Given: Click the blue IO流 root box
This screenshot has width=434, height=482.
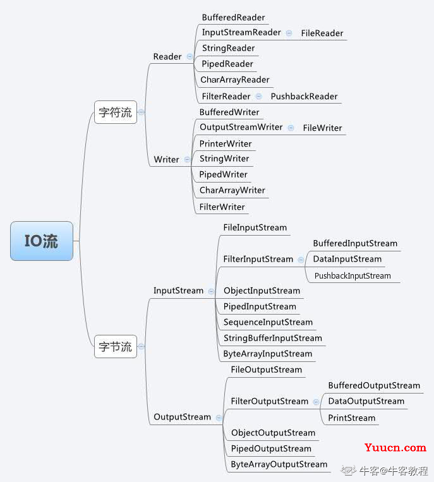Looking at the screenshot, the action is [42, 241].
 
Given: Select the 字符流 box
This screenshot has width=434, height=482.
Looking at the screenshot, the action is [116, 112].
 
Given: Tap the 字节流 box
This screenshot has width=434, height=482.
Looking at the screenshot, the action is [116, 346].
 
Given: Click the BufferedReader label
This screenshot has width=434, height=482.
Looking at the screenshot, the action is [233, 18].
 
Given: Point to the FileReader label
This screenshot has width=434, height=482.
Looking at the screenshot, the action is [322, 33].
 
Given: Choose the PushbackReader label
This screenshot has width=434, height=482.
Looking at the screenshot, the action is [304, 97].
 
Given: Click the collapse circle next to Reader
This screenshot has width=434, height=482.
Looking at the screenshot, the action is [190, 57].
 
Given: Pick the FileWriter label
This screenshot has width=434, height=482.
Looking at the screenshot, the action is [322, 128].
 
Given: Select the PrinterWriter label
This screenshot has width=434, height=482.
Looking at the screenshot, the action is [226, 143].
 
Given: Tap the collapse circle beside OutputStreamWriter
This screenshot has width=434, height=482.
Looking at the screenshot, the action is [291, 128].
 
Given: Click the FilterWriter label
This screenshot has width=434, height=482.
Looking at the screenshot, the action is [222, 207].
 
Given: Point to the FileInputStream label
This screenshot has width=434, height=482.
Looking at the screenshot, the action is [255, 227].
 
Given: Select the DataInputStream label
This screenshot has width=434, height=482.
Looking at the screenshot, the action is [347, 259].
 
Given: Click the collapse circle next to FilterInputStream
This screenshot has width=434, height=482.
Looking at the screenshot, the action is [301, 260].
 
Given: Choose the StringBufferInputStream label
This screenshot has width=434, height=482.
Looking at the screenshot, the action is [273, 338].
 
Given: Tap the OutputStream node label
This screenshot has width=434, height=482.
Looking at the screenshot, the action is [183, 417].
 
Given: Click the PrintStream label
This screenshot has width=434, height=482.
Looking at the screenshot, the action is [352, 418].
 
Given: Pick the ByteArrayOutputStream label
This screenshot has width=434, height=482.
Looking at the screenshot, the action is [279, 464].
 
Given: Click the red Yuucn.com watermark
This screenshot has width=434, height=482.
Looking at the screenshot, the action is [395, 447].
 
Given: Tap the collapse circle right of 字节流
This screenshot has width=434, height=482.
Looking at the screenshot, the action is [141, 347].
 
